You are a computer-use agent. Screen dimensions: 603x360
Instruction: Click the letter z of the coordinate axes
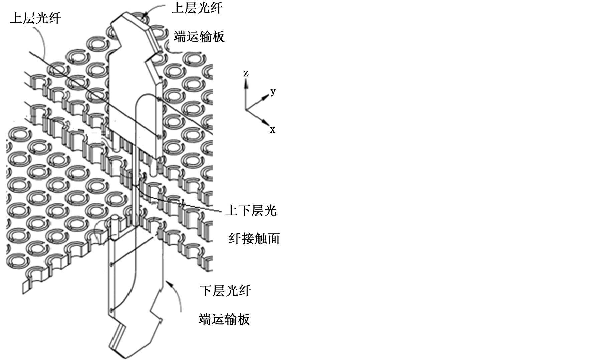tap(246, 73)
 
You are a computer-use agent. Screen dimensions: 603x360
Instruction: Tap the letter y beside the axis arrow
tap(273, 91)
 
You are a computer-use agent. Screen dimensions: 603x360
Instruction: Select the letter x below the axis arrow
tap(273, 130)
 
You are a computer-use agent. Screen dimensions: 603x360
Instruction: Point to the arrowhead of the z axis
tap(246, 84)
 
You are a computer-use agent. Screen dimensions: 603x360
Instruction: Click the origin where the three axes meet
tap(246, 109)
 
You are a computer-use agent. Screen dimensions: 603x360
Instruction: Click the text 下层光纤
tap(225, 291)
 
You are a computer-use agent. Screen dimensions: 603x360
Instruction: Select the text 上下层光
tap(251, 211)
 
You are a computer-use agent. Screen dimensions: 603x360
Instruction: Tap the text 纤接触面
tap(254, 239)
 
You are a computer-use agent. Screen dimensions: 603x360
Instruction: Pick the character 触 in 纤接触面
tap(260, 239)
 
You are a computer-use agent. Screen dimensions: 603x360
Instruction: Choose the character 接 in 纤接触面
tap(248, 239)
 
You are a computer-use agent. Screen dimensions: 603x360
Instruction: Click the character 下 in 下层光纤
tap(206, 291)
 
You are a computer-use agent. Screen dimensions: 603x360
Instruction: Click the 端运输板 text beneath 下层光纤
tap(224, 319)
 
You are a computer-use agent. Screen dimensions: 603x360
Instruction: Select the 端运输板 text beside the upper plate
tap(199, 37)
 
